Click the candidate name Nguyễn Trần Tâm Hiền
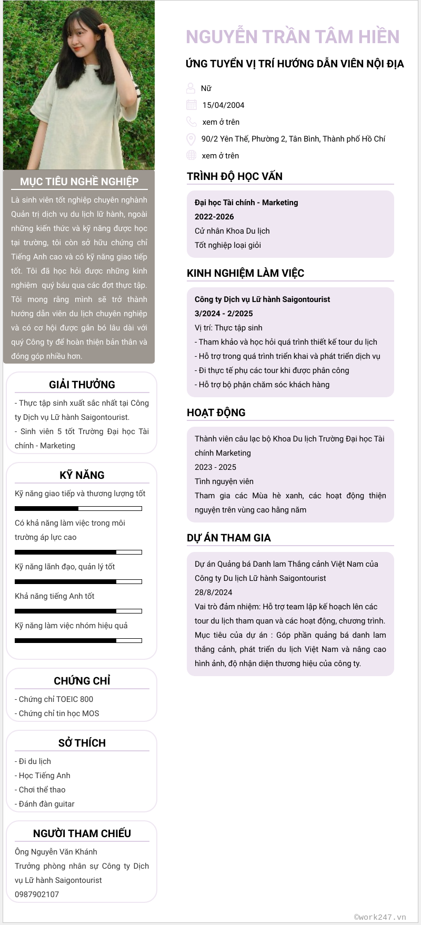293,37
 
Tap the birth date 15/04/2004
223,105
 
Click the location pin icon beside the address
191,139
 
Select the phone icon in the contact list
191,122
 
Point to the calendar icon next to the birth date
192,105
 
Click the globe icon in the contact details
191,156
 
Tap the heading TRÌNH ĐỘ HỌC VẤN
235,176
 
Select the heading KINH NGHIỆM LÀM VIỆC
245,273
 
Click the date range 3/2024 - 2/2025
224,314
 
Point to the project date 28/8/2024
213,592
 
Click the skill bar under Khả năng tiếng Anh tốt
78,611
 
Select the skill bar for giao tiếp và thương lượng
78,508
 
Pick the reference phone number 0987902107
37,894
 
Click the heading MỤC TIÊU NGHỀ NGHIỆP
79,182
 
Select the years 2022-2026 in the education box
214,217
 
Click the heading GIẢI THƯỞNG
82,385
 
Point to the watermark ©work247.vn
380,917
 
